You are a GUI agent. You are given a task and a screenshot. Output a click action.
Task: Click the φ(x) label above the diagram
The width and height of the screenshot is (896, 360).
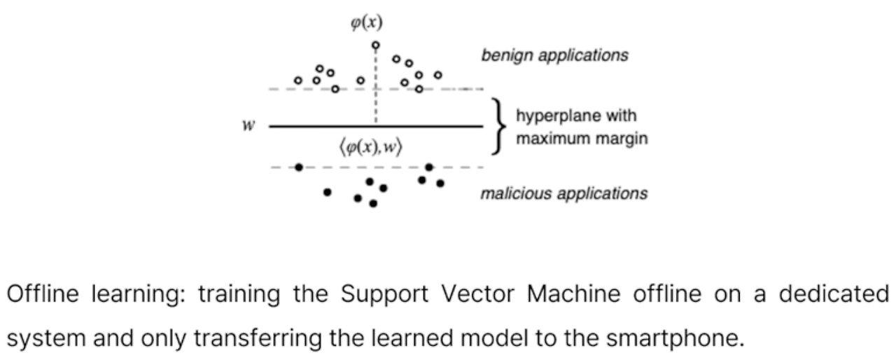[x=367, y=23]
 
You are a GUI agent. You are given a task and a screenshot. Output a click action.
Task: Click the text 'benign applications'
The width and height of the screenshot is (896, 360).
[x=554, y=55]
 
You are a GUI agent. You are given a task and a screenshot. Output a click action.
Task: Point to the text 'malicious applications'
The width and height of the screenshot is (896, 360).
[x=563, y=193]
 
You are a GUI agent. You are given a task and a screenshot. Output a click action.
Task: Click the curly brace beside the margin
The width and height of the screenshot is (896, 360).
[x=498, y=126]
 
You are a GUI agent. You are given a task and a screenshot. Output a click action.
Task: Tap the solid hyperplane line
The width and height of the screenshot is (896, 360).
[x=420, y=126]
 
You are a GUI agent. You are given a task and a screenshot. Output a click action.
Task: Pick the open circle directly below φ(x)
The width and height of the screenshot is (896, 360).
[x=376, y=46]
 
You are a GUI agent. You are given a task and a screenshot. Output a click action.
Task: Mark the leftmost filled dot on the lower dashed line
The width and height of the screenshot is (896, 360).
[x=299, y=167]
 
